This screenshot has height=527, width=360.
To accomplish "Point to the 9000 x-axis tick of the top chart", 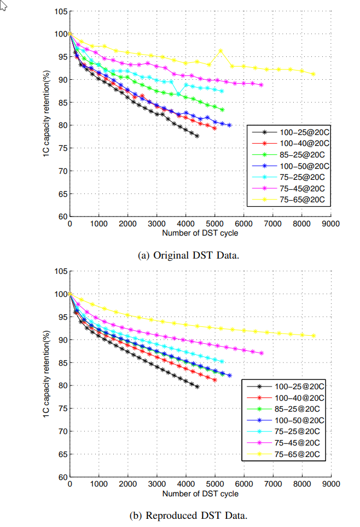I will click(330, 224).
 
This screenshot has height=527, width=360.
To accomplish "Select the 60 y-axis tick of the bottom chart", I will click(62, 477).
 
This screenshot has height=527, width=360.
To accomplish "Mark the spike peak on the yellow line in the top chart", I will click(220, 51).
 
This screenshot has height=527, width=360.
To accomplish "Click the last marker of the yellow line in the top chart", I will click(313, 74).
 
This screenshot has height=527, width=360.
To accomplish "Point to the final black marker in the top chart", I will click(197, 136).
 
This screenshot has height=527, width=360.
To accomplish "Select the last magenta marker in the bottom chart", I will click(262, 353).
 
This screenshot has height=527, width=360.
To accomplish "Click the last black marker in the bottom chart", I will click(197, 387).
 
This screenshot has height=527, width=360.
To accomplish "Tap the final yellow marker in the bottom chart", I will click(313, 336).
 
